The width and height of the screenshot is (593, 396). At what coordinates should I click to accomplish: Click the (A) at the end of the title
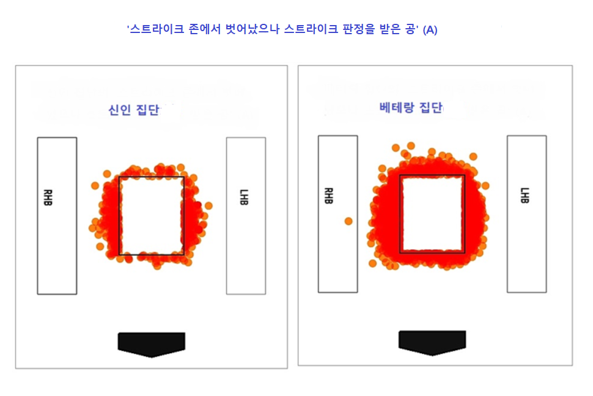tap(430, 30)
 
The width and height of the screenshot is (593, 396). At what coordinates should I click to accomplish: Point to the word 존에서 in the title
tap(205, 29)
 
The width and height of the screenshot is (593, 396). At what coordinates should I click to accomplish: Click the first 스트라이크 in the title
tap(157, 29)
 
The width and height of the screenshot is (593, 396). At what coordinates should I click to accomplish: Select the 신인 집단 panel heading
tap(134, 109)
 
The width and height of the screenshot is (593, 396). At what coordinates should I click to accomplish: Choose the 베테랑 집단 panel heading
tap(411, 108)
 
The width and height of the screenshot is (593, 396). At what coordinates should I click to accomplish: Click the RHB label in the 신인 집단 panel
tap(48, 197)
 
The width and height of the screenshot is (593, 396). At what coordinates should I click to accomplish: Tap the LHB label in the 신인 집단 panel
tap(244, 197)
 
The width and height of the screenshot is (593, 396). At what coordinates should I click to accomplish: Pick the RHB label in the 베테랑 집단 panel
tap(329, 196)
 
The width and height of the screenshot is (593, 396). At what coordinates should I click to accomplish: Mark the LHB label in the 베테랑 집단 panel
tap(525, 195)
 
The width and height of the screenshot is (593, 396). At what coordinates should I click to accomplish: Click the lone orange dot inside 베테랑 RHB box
tap(348, 221)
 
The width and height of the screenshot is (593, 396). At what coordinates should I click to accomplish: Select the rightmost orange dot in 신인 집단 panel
tap(208, 206)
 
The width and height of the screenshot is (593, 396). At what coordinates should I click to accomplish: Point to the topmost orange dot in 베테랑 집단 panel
tap(411, 145)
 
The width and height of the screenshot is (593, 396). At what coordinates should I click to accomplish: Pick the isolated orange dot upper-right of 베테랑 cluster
tap(473, 156)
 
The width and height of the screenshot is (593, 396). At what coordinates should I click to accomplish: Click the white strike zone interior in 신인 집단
tap(151, 216)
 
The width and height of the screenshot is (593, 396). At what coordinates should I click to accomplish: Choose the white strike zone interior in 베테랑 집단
tap(432, 213)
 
